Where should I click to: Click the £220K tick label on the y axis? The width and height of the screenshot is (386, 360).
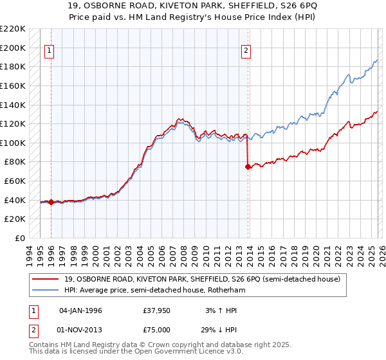point(13,29)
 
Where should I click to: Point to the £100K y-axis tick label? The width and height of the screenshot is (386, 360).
point(13,143)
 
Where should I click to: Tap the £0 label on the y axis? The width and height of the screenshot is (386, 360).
point(20,238)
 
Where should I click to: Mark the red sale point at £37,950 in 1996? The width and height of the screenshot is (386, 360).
point(51,202)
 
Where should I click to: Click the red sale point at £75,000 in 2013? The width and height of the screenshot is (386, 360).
point(248,166)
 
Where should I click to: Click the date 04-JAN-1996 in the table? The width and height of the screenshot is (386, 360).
point(80,310)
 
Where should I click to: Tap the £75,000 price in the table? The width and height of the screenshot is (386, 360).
point(157,329)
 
